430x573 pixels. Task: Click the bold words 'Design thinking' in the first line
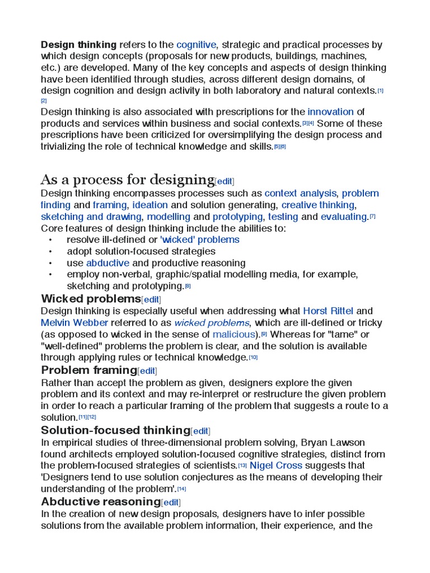(78, 45)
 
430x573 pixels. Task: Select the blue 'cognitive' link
(196, 45)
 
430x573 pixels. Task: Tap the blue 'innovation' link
(330, 112)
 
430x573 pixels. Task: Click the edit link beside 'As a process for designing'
(225, 181)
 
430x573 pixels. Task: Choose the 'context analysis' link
(301, 194)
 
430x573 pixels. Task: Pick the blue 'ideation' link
(150, 205)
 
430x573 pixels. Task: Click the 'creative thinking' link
(318, 205)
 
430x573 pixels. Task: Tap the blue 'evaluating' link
(344, 217)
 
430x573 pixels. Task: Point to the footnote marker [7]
(373, 217)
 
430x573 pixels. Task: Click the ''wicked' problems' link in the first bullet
(199, 240)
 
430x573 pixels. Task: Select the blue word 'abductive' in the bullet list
(107, 263)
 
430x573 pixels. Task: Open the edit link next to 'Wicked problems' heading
(151, 299)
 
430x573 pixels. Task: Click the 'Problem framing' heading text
(89, 370)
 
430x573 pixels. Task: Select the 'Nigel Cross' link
(276, 466)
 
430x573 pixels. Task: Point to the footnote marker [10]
(254, 358)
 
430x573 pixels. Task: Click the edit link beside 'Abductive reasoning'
(171, 502)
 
